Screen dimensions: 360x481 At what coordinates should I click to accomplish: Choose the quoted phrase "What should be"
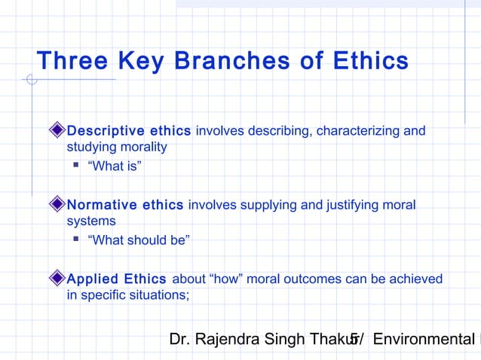139,240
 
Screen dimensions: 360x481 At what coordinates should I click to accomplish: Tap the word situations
157,294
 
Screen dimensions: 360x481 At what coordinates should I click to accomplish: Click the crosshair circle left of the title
31,79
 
